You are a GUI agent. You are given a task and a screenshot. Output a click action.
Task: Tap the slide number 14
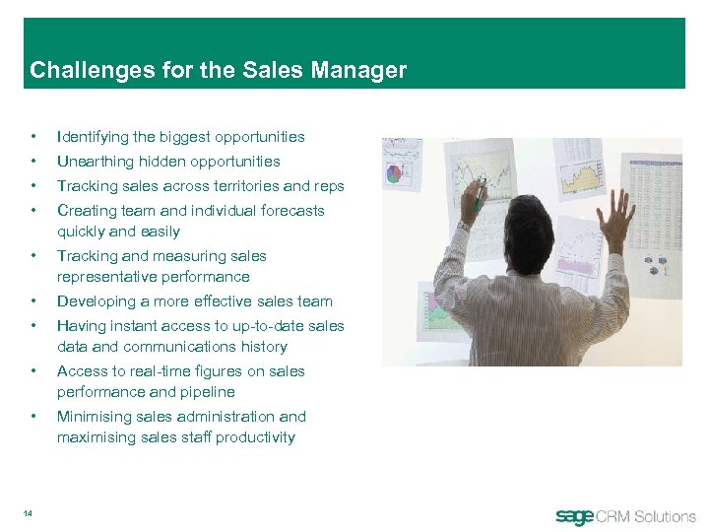30,510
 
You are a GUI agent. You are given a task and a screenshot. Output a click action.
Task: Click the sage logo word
575,516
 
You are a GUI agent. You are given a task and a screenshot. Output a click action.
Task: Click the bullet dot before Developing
34,301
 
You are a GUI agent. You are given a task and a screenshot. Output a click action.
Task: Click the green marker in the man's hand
479,201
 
